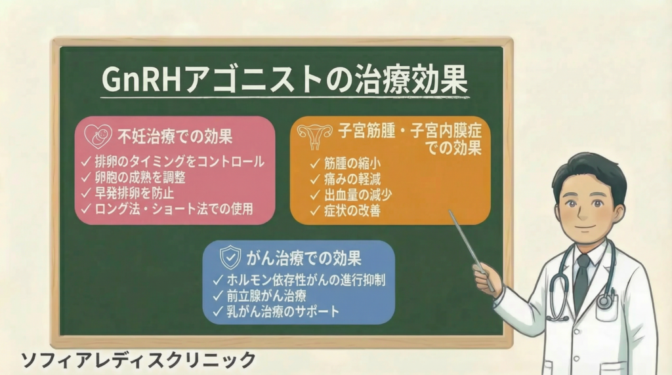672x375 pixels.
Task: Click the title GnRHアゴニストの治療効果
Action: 285,79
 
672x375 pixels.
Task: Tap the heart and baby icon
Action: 98,136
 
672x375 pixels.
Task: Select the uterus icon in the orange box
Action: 315,136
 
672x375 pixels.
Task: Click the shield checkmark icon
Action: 230,258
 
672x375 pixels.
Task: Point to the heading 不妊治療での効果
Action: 175,136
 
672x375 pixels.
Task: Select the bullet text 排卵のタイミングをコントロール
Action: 179,162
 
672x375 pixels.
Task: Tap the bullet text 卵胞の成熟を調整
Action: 140,177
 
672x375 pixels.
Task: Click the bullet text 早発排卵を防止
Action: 134,193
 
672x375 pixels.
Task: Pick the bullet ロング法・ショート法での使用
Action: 173,209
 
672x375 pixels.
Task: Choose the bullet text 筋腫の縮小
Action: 352,163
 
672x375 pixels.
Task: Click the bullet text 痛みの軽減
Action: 352,179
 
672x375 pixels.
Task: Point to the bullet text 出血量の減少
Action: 358,195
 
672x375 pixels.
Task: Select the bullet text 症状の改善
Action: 352,210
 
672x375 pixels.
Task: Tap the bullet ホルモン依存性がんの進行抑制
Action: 306,280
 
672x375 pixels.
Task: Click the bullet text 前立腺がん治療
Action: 266,296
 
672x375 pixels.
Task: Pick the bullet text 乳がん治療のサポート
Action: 283,311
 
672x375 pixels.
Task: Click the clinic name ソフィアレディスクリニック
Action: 138,360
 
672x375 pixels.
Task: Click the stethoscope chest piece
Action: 604,302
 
